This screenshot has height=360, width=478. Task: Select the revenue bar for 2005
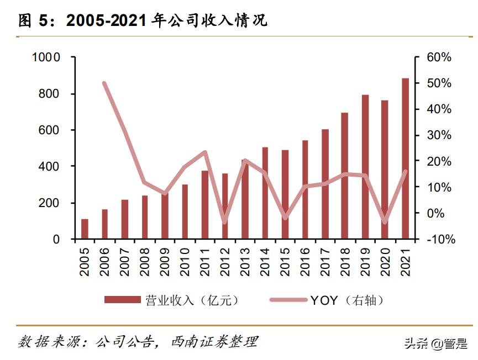tap(85, 229)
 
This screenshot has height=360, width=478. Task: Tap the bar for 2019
tap(365, 167)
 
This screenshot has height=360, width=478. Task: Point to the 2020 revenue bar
tap(385, 170)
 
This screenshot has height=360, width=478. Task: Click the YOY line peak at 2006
tap(104, 83)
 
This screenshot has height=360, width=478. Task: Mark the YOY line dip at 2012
tap(224, 222)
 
